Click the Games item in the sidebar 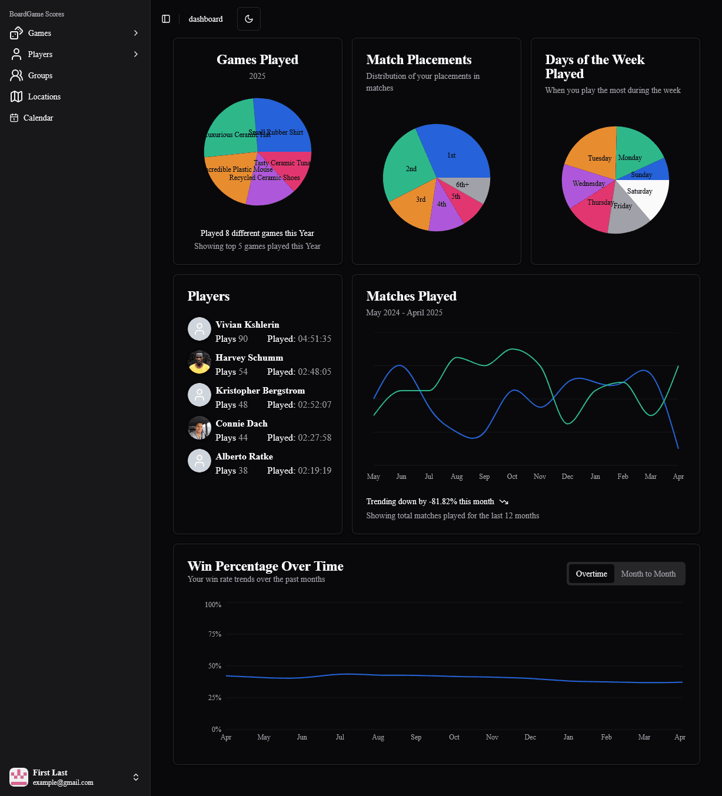point(39,33)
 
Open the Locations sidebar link point(44,96)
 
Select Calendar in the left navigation point(38,118)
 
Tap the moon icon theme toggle point(249,19)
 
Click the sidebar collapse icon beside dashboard point(166,19)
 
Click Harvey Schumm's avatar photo point(199,362)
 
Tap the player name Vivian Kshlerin point(247,325)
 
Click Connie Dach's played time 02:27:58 point(314,438)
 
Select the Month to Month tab point(648,574)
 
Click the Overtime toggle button point(591,574)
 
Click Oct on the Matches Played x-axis point(512,477)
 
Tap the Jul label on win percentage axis point(340,737)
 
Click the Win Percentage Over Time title point(265,566)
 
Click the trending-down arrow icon point(504,502)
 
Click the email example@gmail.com point(63,782)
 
